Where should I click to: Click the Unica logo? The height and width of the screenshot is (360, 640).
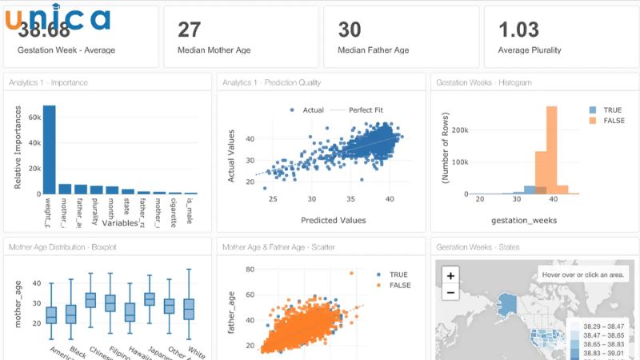coord(58,18)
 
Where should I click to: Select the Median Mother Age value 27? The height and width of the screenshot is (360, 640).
coord(189,30)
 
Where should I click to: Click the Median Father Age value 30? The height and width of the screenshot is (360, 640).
coord(350,30)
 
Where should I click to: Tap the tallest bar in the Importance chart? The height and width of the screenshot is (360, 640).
coord(49,149)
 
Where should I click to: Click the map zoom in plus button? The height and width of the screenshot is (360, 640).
coord(450,275)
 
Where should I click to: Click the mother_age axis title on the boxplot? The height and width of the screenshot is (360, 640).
coord(17,305)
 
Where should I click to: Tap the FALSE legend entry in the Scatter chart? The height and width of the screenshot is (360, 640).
coord(398,285)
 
